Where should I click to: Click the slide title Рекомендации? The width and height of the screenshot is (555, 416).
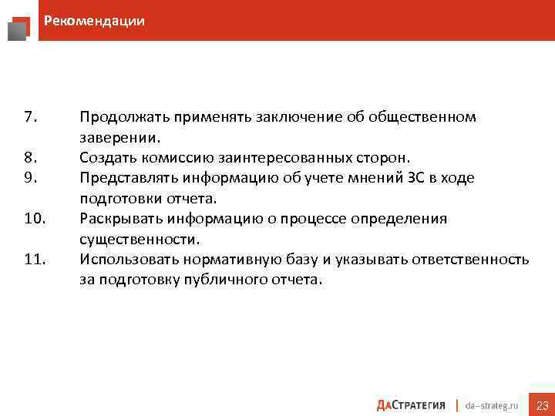pos(94,21)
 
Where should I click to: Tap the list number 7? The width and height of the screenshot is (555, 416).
pos(30,117)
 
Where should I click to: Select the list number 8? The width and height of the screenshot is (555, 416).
pos(30,158)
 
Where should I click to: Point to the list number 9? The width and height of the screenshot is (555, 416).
pos(30,178)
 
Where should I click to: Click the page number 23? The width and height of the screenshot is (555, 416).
pos(542,405)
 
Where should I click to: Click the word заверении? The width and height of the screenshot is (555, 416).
pos(120,138)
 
